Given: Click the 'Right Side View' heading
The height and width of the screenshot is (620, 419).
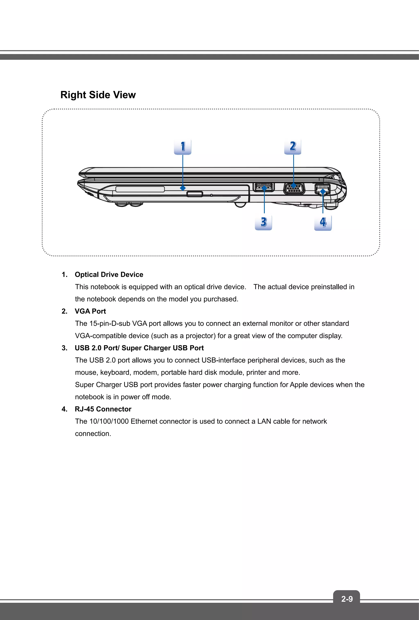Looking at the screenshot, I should coord(98,95).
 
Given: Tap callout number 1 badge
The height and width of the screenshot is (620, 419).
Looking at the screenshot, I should coord(182,147).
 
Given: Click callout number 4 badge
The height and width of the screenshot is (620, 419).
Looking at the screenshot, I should coord(323,223).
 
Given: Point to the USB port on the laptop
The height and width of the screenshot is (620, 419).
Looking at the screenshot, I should coord(264,187).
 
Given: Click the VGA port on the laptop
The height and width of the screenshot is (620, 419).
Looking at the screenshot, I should coord(293,188).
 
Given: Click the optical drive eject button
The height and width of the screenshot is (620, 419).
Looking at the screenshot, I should coord(195,194).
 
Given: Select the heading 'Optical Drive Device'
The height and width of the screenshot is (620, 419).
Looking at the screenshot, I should coord(109,275).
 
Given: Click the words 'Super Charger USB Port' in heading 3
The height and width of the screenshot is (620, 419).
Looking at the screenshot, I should coord(163,348).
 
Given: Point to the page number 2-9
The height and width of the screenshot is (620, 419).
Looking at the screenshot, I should coord(347,599).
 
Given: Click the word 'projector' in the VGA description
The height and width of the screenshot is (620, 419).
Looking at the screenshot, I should coord(200,336).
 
